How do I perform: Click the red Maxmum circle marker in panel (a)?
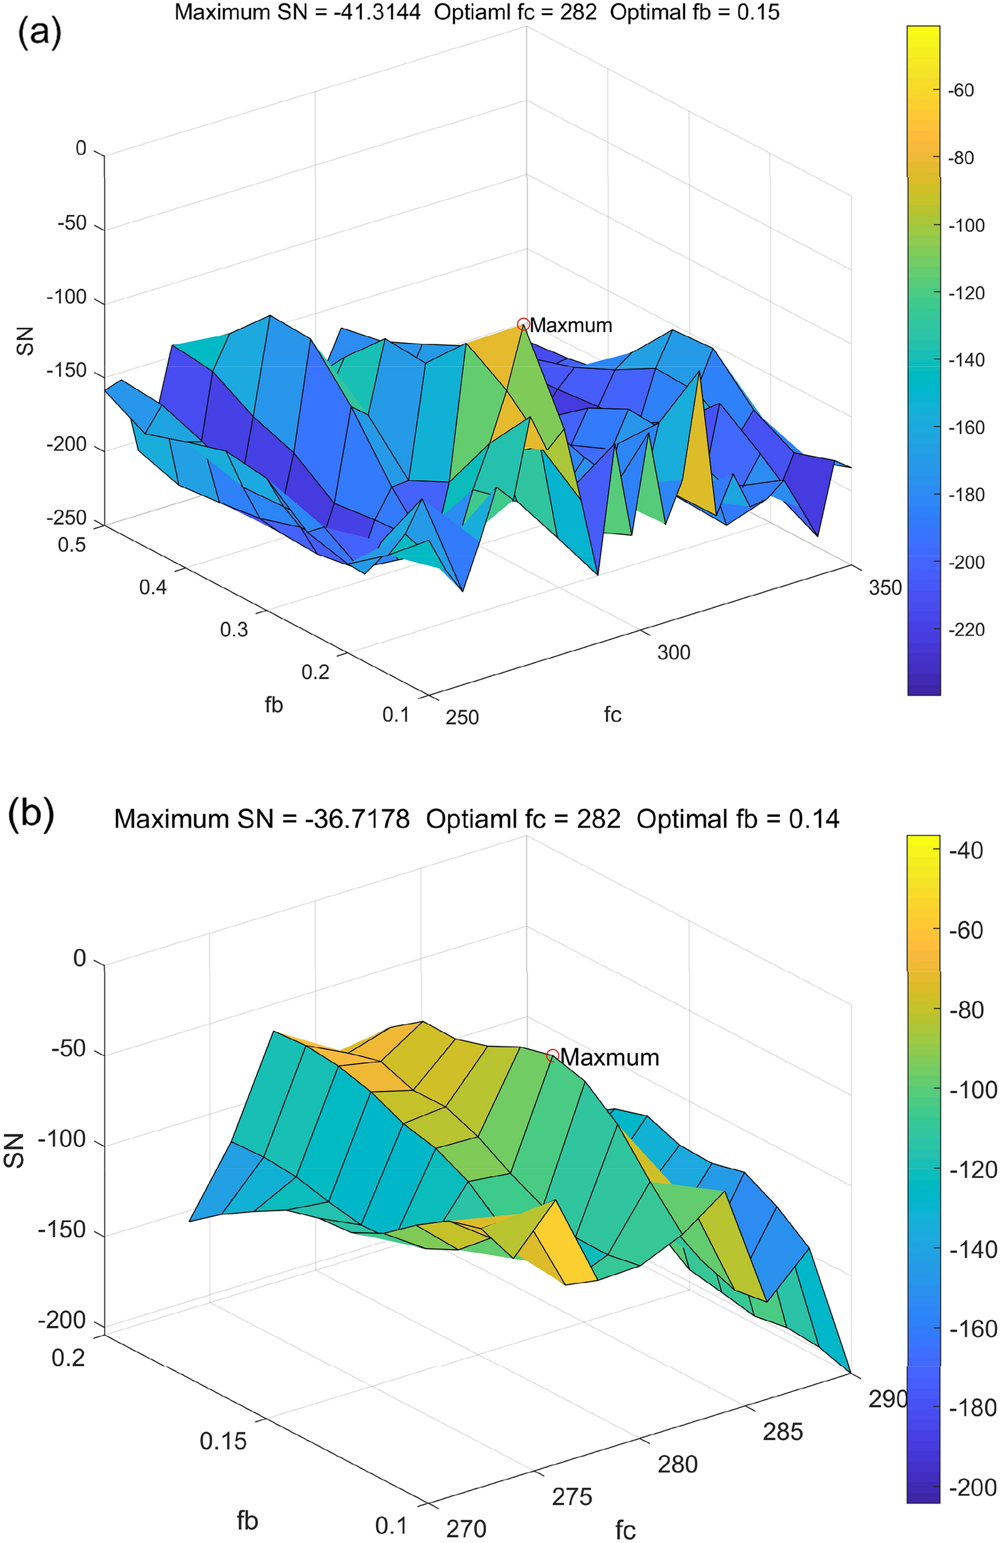click(x=523, y=324)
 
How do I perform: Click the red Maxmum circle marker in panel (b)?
click(x=553, y=1056)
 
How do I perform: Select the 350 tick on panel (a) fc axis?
click(x=885, y=587)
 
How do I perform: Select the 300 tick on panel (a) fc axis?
click(x=673, y=652)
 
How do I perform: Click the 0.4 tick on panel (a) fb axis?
click(x=152, y=587)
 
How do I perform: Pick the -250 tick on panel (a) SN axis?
click(x=66, y=517)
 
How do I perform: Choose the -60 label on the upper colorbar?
click(x=961, y=90)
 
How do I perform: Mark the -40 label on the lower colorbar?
click(x=966, y=850)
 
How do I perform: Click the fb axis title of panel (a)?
click(x=274, y=705)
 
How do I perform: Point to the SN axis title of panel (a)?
click(x=24, y=342)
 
